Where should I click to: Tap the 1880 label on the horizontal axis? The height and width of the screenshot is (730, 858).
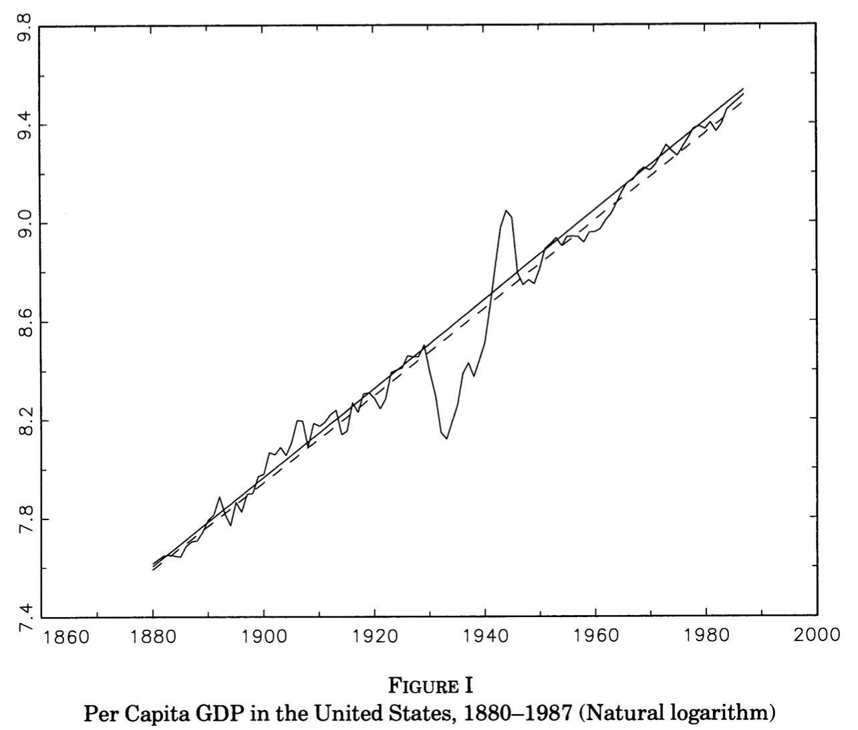(154, 636)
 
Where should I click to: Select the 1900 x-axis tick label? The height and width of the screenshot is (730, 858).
(264, 636)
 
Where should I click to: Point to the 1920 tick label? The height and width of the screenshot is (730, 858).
(374, 636)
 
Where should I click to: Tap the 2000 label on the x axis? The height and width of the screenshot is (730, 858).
(816, 636)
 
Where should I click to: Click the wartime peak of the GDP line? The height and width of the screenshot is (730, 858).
(507, 211)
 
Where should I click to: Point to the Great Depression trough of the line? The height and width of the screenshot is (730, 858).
(446, 438)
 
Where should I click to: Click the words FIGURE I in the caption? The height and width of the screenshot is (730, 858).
(429, 687)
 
